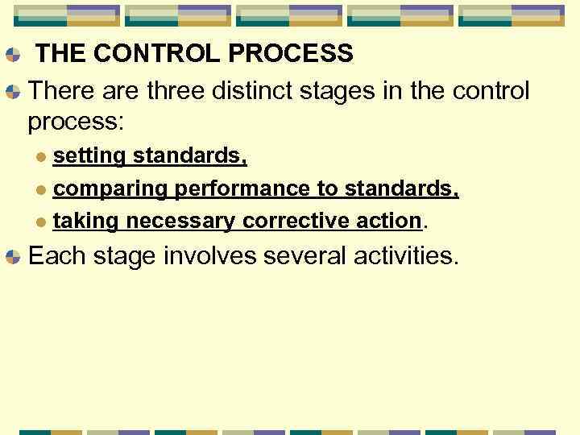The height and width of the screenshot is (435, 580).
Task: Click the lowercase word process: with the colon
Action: [x=76, y=122]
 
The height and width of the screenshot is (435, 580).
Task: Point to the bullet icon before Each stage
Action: [x=12, y=258]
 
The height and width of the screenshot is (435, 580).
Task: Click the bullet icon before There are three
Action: [x=12, y=92]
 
